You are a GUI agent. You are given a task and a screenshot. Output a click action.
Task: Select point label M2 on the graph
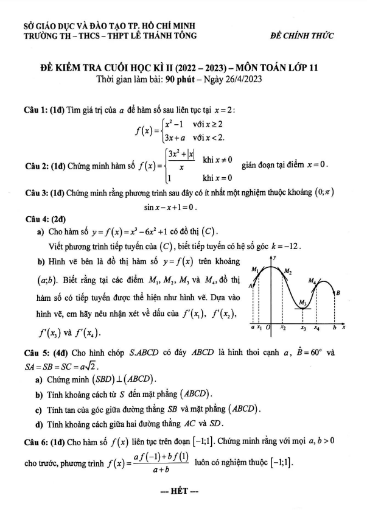pos(288,272)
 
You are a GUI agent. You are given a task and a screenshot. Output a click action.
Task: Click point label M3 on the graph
pos(302,303)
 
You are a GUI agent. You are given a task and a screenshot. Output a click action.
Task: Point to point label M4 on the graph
pos(313,281)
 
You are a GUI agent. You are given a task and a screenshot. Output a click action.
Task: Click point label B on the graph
pos(338,294)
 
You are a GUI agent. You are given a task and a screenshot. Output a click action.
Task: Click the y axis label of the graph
pos(275,258)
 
